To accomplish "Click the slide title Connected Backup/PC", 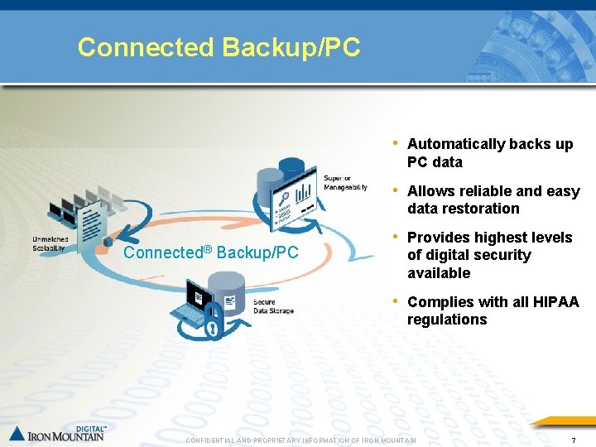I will (x=219, y=47).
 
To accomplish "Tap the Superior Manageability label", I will (x=345, y=183).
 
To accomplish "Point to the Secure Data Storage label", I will (x=273, y=306).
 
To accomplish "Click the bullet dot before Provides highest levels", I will (x=397, y=237).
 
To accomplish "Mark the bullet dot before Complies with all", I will (x=397, y=301).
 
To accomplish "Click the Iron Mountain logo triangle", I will (x=17, y=432).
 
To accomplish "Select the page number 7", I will (x=574, y=440).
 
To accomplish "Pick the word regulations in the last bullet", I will (x=447, y=320).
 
